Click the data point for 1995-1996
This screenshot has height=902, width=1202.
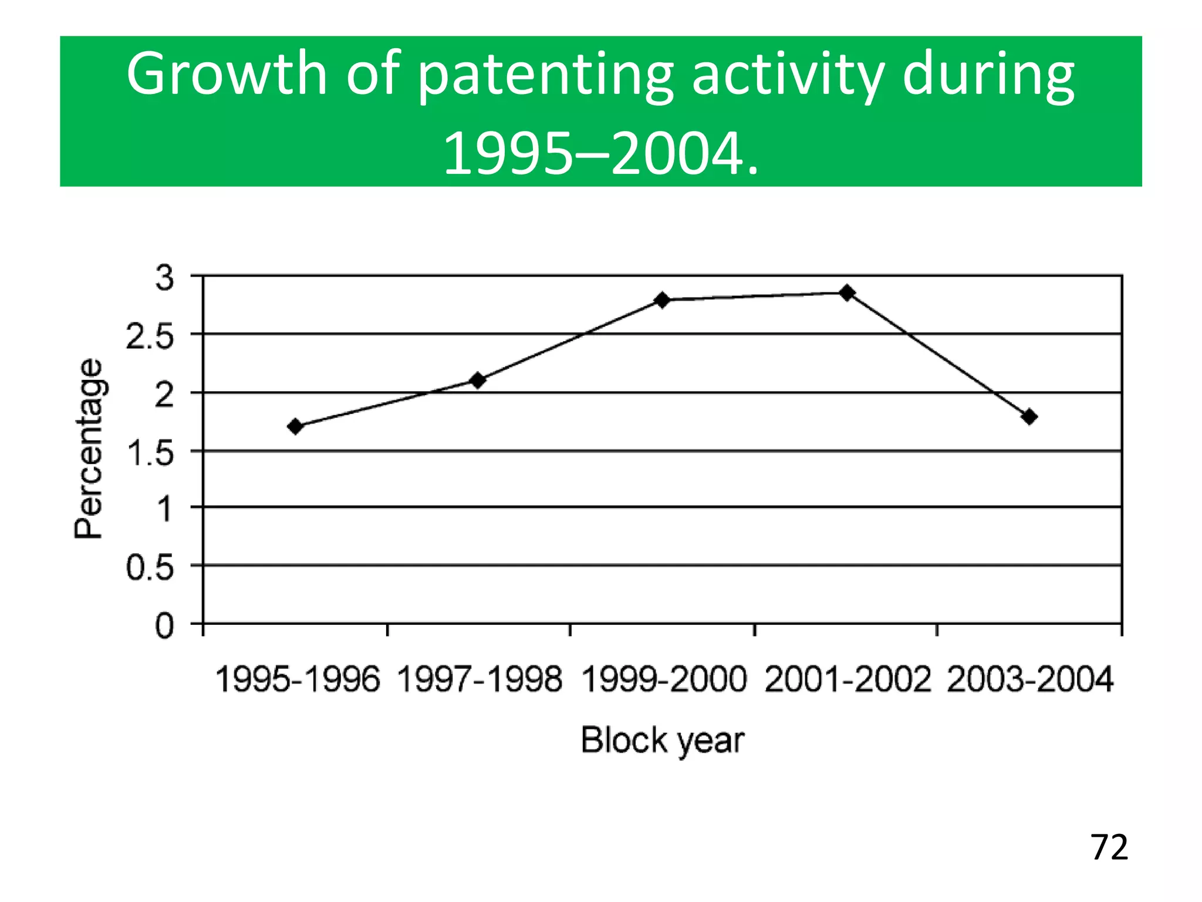[296, 426]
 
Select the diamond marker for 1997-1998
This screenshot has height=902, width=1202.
[478, 381]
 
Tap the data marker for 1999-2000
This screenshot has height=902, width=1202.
[662, 300]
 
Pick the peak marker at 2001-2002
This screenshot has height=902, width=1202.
[847, 292]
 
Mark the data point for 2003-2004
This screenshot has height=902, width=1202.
[1029, 417]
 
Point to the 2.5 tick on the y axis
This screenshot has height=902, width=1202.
[150, 338]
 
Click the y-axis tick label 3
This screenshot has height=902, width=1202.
[165, 278]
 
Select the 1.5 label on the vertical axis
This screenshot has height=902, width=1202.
[150, 454]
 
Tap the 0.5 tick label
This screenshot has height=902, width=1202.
[150, 568]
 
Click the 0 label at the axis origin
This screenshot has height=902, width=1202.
[165, 626]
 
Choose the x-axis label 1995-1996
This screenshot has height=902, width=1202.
[298, 679]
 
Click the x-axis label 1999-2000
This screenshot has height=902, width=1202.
[664, 679]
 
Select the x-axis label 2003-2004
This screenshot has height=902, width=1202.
[1030, 679]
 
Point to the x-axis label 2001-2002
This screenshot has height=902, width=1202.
[848, 679]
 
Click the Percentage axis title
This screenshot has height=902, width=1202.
[89, 449]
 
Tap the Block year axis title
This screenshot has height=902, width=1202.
[662, 740]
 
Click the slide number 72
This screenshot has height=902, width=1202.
[1109, 848]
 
